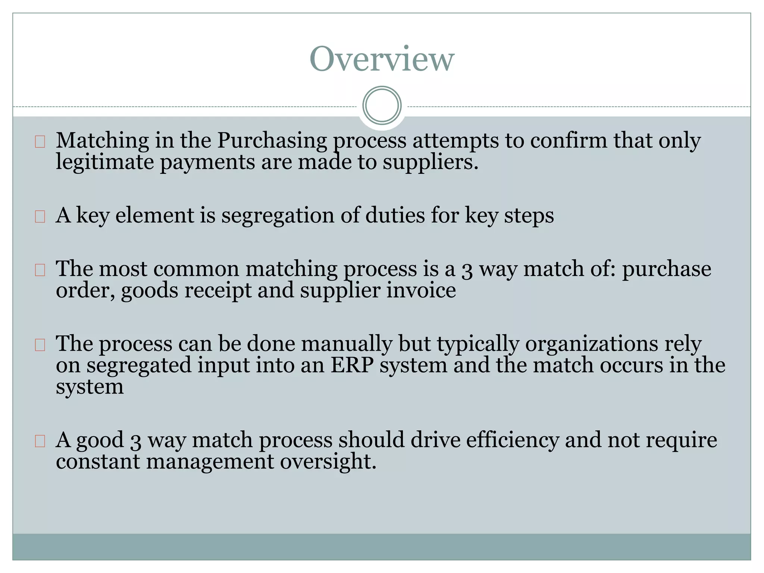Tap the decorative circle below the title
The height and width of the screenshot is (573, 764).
pos(382,105)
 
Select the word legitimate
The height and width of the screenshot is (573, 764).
pos(105,163)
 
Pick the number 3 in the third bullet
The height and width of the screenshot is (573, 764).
pos(467,270)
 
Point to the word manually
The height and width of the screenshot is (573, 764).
pos(347,344)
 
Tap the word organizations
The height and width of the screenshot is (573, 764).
pos(591,344)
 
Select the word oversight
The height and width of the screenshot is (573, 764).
pos(328,462)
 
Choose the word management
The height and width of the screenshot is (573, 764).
pos(210,462)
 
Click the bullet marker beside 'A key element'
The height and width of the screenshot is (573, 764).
pos(40,216)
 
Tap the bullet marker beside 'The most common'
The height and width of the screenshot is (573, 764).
pos(40,270)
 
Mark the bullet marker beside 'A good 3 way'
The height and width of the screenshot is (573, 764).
pos(40,441)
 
